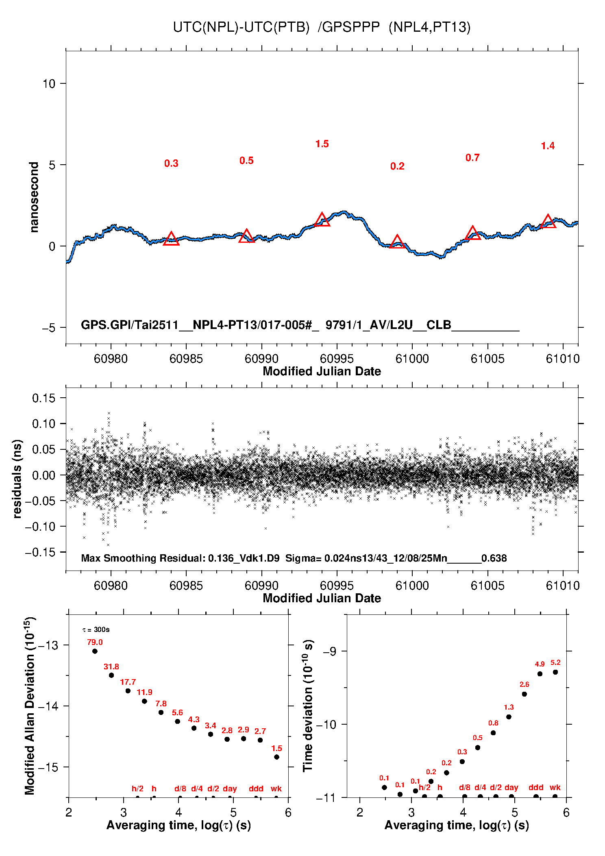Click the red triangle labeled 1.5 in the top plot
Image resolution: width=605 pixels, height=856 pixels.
click(322, 220)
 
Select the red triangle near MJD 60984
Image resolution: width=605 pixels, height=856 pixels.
click(171, 239)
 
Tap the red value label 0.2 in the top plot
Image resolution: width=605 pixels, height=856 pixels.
click(397, 166)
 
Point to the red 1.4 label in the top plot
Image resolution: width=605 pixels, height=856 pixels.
click(548, 146)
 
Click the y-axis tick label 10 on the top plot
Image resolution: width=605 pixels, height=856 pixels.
click(49, 84)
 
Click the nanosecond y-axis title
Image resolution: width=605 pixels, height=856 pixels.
click(34, 197)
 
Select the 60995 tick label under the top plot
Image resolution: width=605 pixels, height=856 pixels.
click(337, 359)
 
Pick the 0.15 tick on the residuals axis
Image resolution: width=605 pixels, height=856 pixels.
click(44, 398)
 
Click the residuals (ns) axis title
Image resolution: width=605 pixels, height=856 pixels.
click(17, 479)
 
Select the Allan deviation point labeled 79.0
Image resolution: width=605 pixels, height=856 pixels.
click(95, 651)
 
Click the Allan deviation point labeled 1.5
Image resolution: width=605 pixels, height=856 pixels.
click(276, 757)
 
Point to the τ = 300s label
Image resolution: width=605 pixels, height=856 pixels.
click(96, 630)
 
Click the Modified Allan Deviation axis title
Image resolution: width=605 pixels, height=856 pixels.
click(29, 706)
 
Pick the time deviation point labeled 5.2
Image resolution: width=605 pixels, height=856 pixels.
click(555, 672)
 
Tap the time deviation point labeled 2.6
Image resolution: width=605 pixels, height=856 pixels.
click(524, 694)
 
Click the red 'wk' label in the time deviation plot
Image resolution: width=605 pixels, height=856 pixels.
click(555, 788)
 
